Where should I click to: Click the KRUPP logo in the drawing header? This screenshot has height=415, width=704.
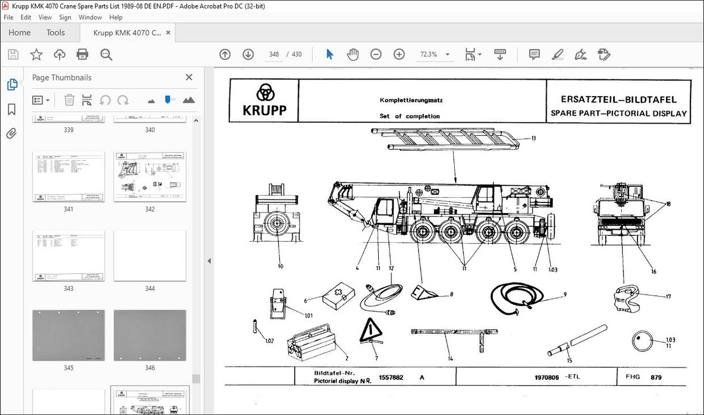tap(265, 100)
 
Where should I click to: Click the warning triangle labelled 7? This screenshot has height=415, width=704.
tap(371, 331)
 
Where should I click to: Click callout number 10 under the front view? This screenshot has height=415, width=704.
tap(280, 266)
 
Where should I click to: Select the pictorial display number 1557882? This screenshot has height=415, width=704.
tap(391, 377)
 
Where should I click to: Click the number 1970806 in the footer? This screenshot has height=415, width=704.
tap(547, 377)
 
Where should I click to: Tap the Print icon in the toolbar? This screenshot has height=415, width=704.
tap(82, 55)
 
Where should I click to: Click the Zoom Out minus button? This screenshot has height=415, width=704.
tap(376, 55)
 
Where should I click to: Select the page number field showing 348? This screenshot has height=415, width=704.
tap(274, 55)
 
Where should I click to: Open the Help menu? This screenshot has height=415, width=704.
tap(116, 18)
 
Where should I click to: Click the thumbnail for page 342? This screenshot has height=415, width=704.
tap(150, 176)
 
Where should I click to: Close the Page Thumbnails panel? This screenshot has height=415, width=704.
tap(189, 77)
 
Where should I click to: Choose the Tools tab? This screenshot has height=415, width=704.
tap(56, 32)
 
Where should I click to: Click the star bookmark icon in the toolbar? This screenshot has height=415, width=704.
tap(36, 55)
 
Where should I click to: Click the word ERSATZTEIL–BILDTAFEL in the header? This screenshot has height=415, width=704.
tap(619, 99)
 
